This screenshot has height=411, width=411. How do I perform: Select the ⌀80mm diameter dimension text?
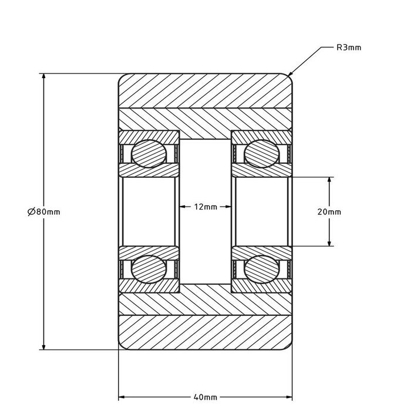[x=44, y=212]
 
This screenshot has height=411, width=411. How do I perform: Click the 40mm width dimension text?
[x=206, y=397]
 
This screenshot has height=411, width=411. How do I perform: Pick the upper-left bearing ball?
[x=149, y=154]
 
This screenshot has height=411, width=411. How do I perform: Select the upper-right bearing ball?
[x=262, y=154]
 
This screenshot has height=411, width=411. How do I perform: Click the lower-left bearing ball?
[x=149, y=269]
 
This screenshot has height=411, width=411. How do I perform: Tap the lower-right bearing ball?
[x=262, y=269]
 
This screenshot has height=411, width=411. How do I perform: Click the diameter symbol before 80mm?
[x=31, y=212]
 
